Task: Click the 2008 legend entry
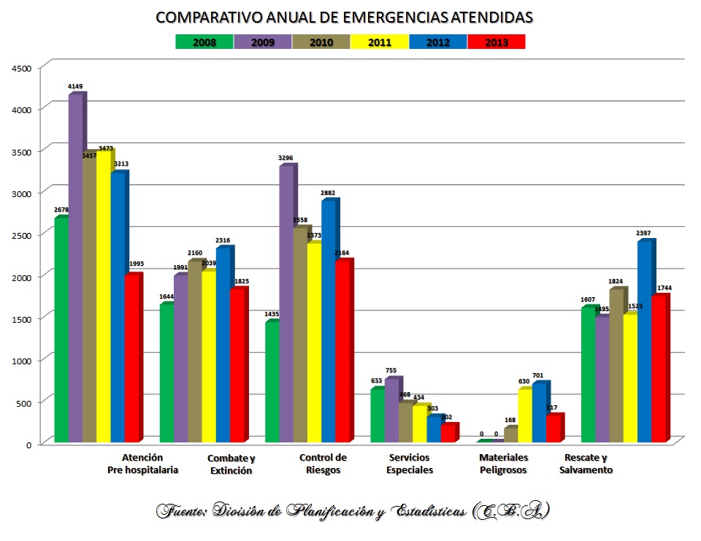point(204,42)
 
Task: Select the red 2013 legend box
point(496,42)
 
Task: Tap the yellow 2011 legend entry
point(379,42)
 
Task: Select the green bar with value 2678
point(61,330)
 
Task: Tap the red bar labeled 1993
point(131,358)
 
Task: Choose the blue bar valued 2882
point(328,321)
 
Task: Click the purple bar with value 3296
point(286,304)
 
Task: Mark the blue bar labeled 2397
point(644,342)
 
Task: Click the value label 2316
point(223,241)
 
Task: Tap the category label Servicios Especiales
point(410,464)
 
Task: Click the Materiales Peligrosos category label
point(503,464)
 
